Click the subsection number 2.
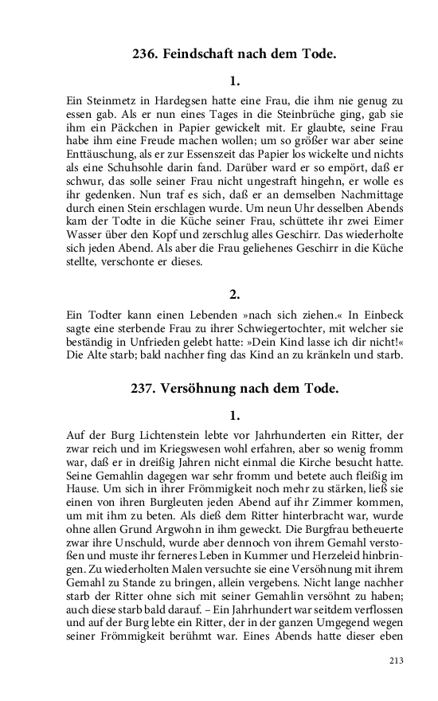pyautogui.click(x=234, y=294)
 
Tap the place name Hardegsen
pyautogui.click(x=180, y=100)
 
